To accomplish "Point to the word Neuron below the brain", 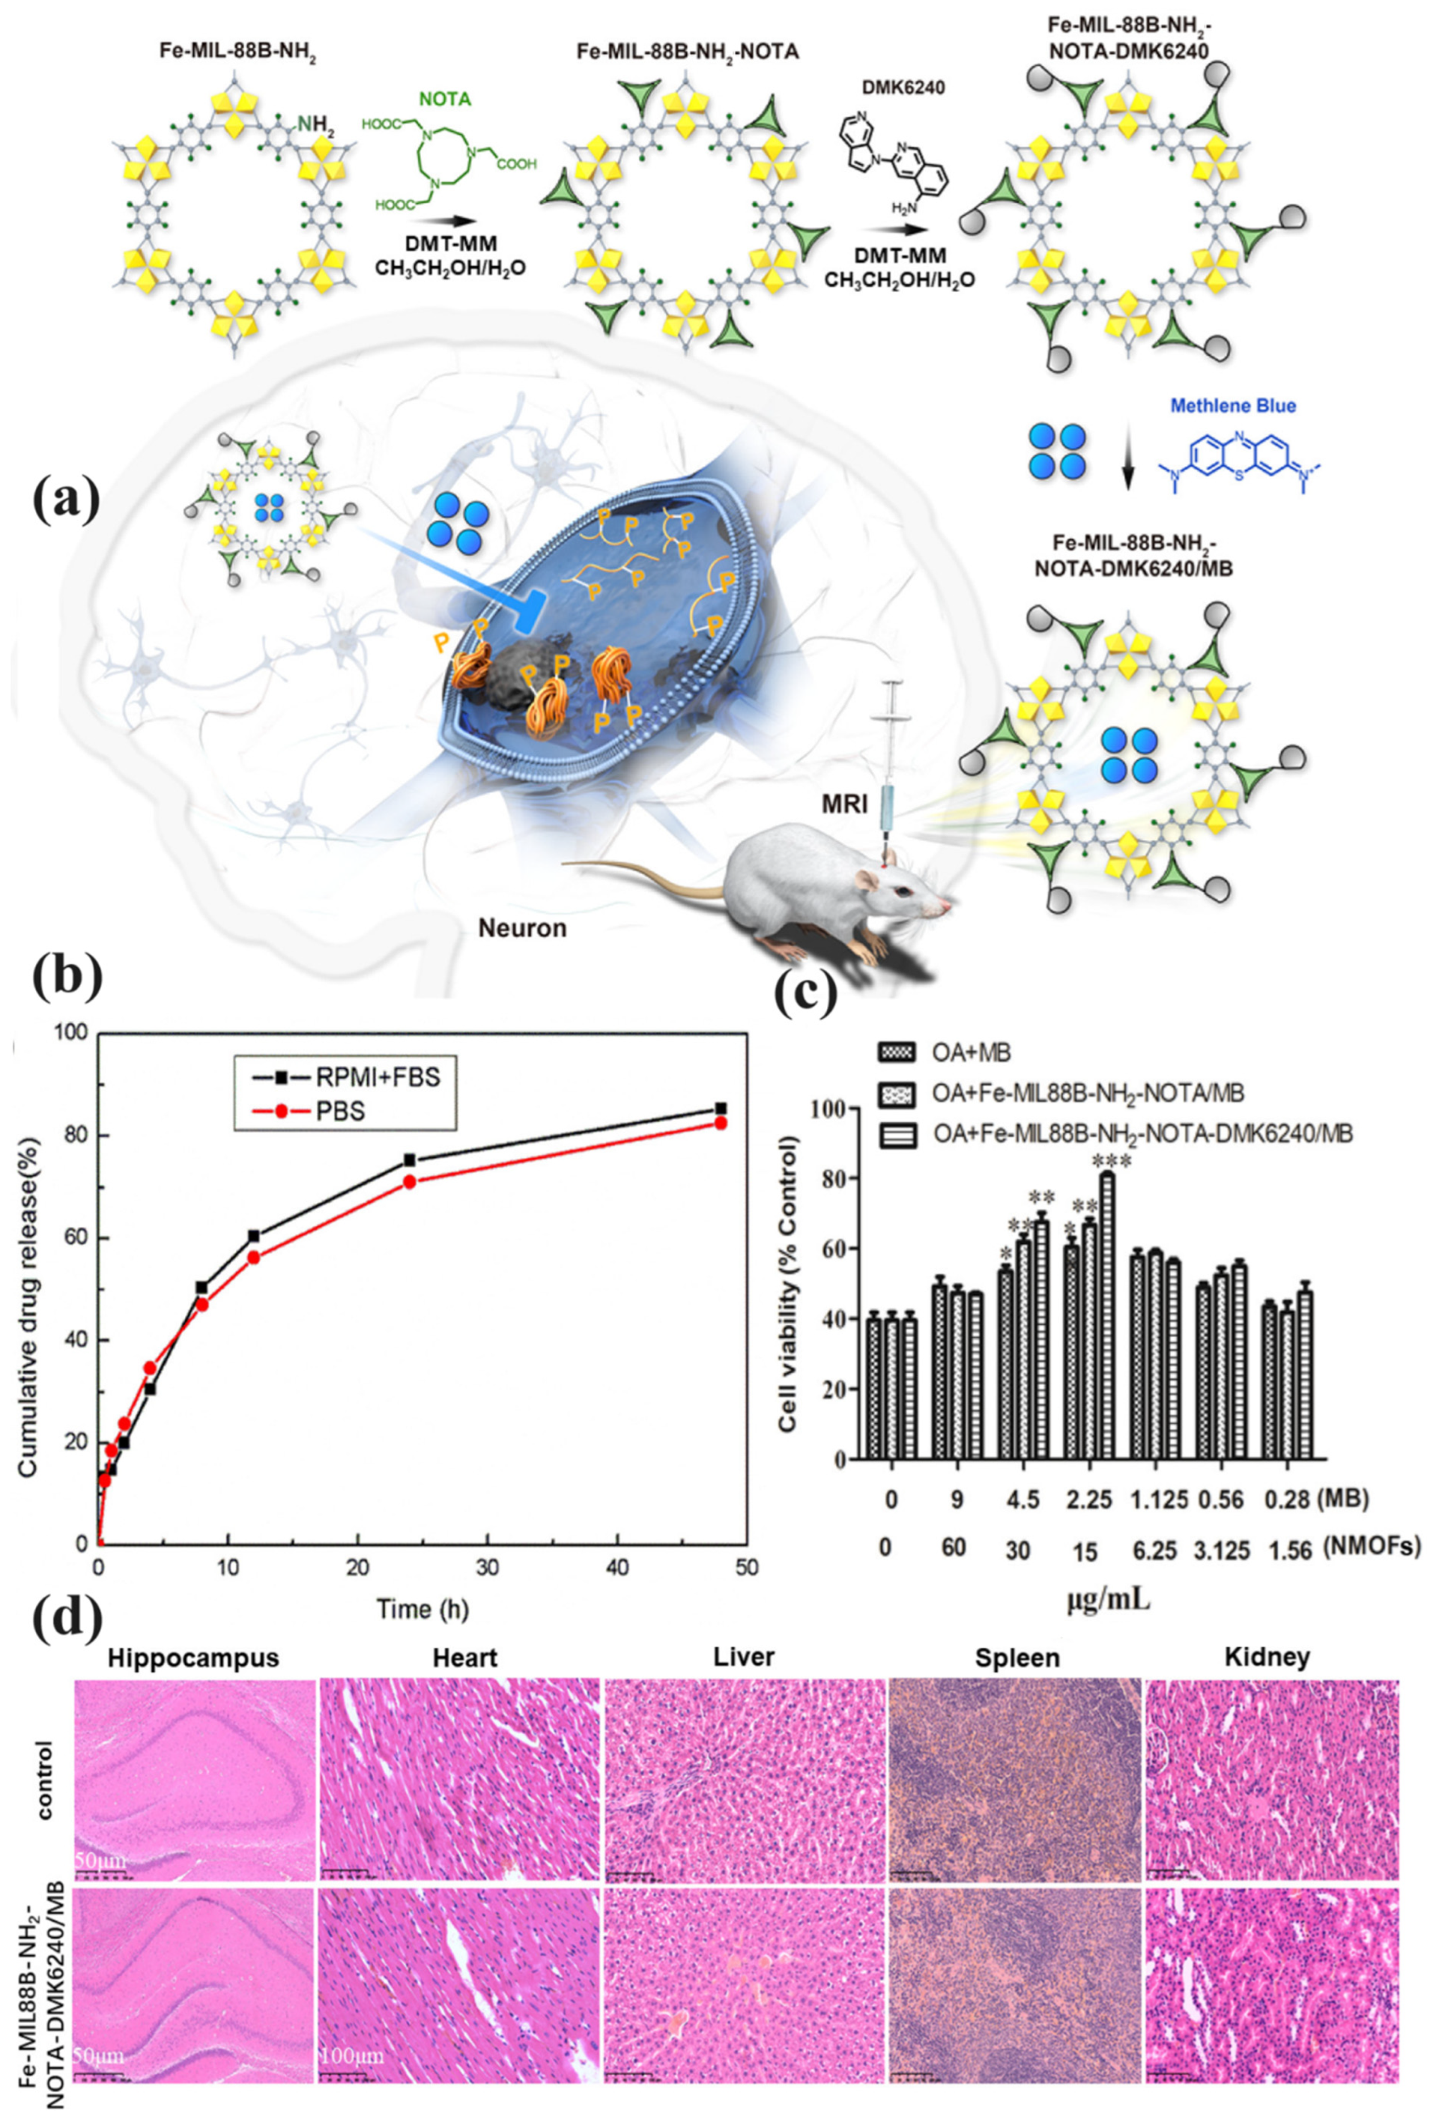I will click(522, 929).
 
